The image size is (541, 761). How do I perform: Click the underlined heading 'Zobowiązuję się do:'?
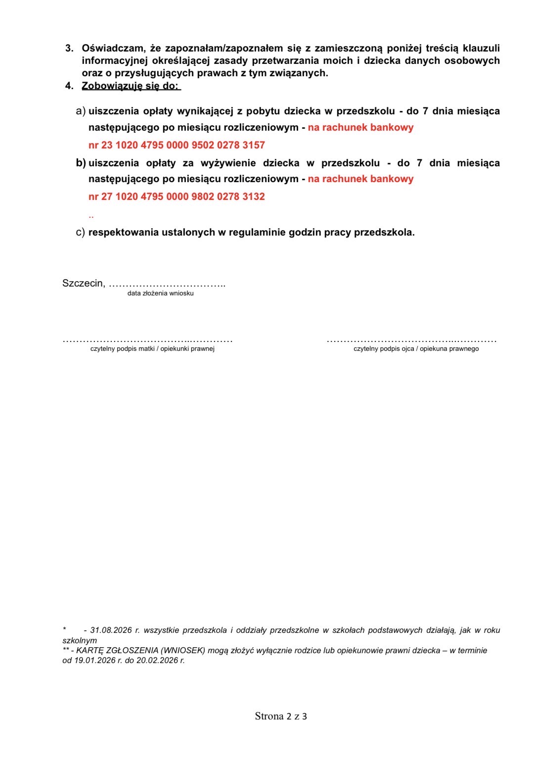pos(131,86)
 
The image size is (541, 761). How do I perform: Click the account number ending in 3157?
pos(177,145)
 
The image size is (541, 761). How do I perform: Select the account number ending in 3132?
pos(177,196)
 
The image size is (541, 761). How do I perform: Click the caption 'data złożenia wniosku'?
pos(160,293)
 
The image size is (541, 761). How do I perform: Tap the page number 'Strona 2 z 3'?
pos(281,716)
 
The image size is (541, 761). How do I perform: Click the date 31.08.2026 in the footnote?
pos(111,630)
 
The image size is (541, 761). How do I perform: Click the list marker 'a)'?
pos(81,111)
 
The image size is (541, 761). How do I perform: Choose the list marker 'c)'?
pos(80,232)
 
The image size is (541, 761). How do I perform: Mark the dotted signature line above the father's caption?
pos(411,340)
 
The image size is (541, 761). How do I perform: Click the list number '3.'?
pos(70,48)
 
